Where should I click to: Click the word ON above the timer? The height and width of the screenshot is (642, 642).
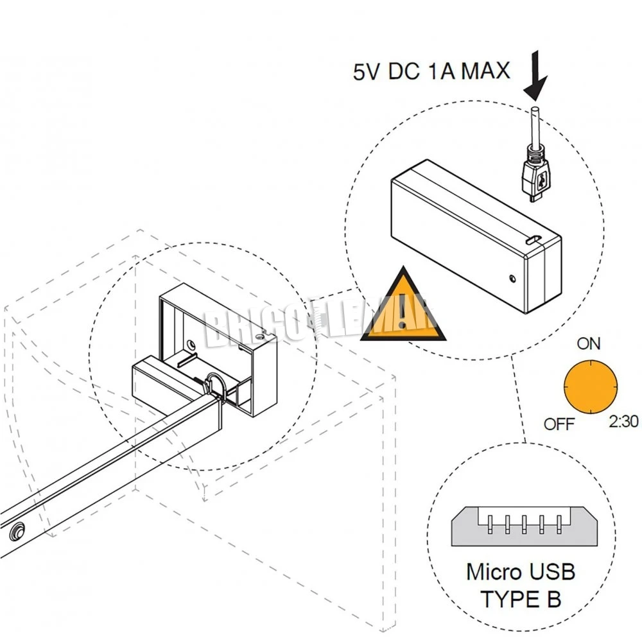point(588,343)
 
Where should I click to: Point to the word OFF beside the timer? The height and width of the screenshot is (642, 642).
point(559,424)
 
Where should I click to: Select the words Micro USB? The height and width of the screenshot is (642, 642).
point(521,571)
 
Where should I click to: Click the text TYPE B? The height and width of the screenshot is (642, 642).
point(521,599)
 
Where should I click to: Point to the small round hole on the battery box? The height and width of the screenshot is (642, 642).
point(512,279)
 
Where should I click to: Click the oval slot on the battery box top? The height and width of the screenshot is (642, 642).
point(532,239)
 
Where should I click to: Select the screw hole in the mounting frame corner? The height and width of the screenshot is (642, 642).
point(259,335)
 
